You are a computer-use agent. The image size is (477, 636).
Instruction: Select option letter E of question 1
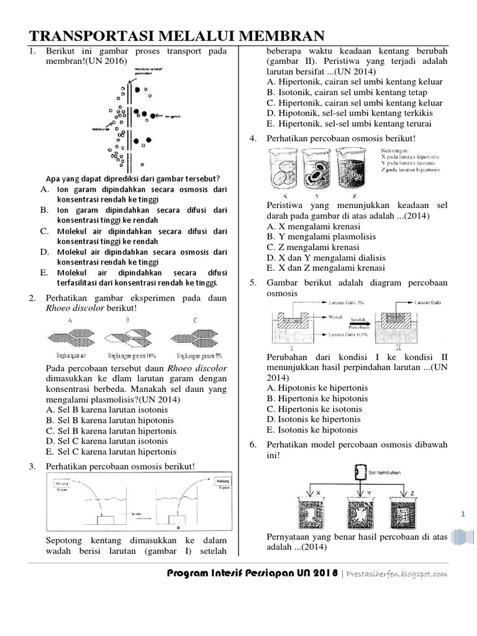pyautogui.click(x=43, y=273)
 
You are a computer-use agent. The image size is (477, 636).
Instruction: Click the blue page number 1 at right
pyautogui.click(x=463, y=514)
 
